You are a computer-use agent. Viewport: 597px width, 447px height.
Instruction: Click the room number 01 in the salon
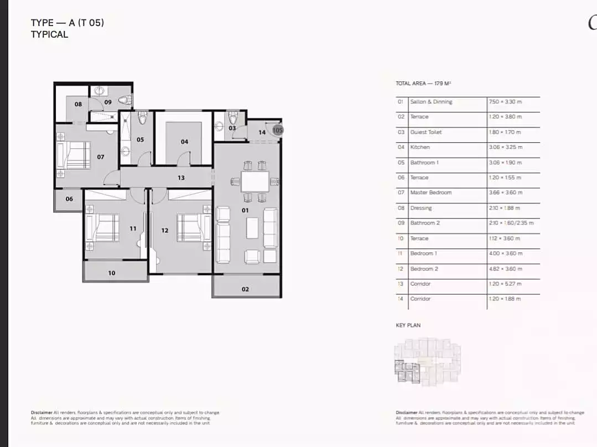click(x=245, y=210)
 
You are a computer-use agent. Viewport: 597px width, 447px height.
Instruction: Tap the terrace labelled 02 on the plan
click(x=245, y=289)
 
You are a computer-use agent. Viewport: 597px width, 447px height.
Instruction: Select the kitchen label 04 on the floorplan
click(x=184, y=142)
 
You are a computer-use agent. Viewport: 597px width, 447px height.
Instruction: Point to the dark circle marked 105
click(x=278, y=130)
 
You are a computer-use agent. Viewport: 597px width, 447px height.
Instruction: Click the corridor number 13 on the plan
click(x=181, y=178)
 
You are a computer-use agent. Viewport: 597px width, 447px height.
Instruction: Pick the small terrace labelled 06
click(x=69, y=199)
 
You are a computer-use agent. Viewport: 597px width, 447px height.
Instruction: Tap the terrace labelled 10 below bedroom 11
click(x=112, y=273)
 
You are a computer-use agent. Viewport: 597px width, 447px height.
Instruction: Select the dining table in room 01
click(x=255, y=180)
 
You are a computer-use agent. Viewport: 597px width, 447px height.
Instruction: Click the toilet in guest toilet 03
click(x=233, y=118)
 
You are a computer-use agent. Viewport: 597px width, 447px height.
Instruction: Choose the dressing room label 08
click(x=79, y=104)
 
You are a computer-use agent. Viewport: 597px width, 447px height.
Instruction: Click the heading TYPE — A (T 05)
click(x=68, y=23)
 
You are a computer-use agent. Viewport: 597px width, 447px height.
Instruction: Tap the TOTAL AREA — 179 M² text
click(x=424, y=84)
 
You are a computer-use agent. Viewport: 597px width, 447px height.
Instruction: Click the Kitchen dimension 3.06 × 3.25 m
click(x=506, y=147)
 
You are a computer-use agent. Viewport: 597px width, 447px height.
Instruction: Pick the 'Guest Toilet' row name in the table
click(x=425, y=132)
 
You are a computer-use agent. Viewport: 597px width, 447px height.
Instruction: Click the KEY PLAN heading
click(x=408, y=325)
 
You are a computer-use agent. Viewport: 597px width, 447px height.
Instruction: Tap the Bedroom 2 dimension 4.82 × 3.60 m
click(x=506, y=268)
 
